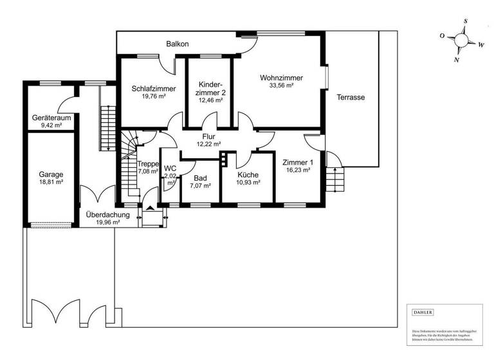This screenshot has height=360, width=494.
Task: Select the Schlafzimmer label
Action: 149,89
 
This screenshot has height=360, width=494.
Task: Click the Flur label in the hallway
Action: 208,136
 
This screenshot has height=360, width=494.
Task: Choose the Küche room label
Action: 248,174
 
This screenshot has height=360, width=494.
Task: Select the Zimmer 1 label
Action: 297,163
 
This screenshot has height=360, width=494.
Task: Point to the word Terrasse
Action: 351,98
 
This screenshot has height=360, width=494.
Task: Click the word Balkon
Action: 177,44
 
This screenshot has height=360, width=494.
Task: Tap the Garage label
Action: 51,174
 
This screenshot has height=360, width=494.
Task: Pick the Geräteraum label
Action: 51,118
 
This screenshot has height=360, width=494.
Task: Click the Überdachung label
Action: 108,215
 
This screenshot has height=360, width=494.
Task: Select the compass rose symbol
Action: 462,40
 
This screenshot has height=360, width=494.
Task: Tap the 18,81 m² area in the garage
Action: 51,183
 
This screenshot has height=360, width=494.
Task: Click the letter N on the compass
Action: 457,60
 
